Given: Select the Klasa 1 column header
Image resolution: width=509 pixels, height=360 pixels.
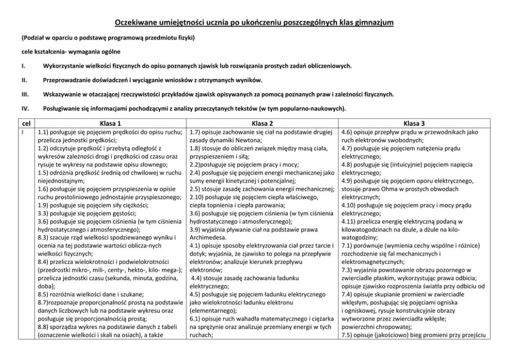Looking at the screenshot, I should [x=111, y=123].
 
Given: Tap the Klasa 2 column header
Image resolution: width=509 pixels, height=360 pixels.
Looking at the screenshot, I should [x=262, y=123].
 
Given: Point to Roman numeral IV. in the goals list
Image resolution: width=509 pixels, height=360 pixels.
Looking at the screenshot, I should [x=24, y=108].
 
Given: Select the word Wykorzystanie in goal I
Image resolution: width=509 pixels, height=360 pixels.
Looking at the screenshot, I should [x=63, y=66].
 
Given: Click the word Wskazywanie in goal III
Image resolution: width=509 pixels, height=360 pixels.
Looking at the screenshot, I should [x=62, y=94].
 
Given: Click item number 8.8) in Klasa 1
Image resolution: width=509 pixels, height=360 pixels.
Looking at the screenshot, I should [x=44, y=328].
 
